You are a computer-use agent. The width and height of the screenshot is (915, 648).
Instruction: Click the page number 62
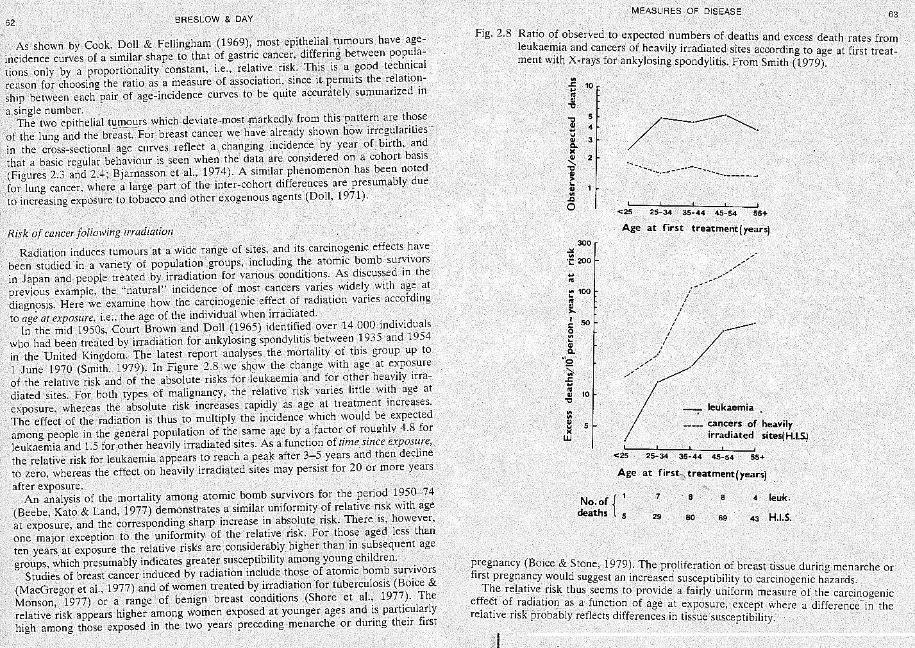click(x=10, y=22)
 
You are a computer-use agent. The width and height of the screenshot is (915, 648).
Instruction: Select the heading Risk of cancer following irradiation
click(x=90, y=232)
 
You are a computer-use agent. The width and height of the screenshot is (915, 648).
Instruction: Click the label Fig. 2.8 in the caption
click(x=493, y=33)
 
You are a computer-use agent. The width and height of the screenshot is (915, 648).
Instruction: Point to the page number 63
click(x=893, y=13)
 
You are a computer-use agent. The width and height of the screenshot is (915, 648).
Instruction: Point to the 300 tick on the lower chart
click(x=583, y=243)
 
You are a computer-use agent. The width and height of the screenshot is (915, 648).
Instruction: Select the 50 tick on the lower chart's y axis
click(x=585, y=323)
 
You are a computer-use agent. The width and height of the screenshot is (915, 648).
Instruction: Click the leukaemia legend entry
click(x=730, y=407)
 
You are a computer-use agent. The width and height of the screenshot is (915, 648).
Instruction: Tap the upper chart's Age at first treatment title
click(x=695, y=228)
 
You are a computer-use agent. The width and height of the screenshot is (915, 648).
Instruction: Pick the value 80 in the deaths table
click(x=691, y=516)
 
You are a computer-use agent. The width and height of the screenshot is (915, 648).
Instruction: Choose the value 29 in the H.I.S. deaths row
click(x=657, y=516)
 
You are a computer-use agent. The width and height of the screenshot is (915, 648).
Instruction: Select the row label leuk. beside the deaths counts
click(x=779, y=497)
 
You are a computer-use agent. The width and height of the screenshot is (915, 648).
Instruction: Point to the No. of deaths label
click(x=593, y=507)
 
